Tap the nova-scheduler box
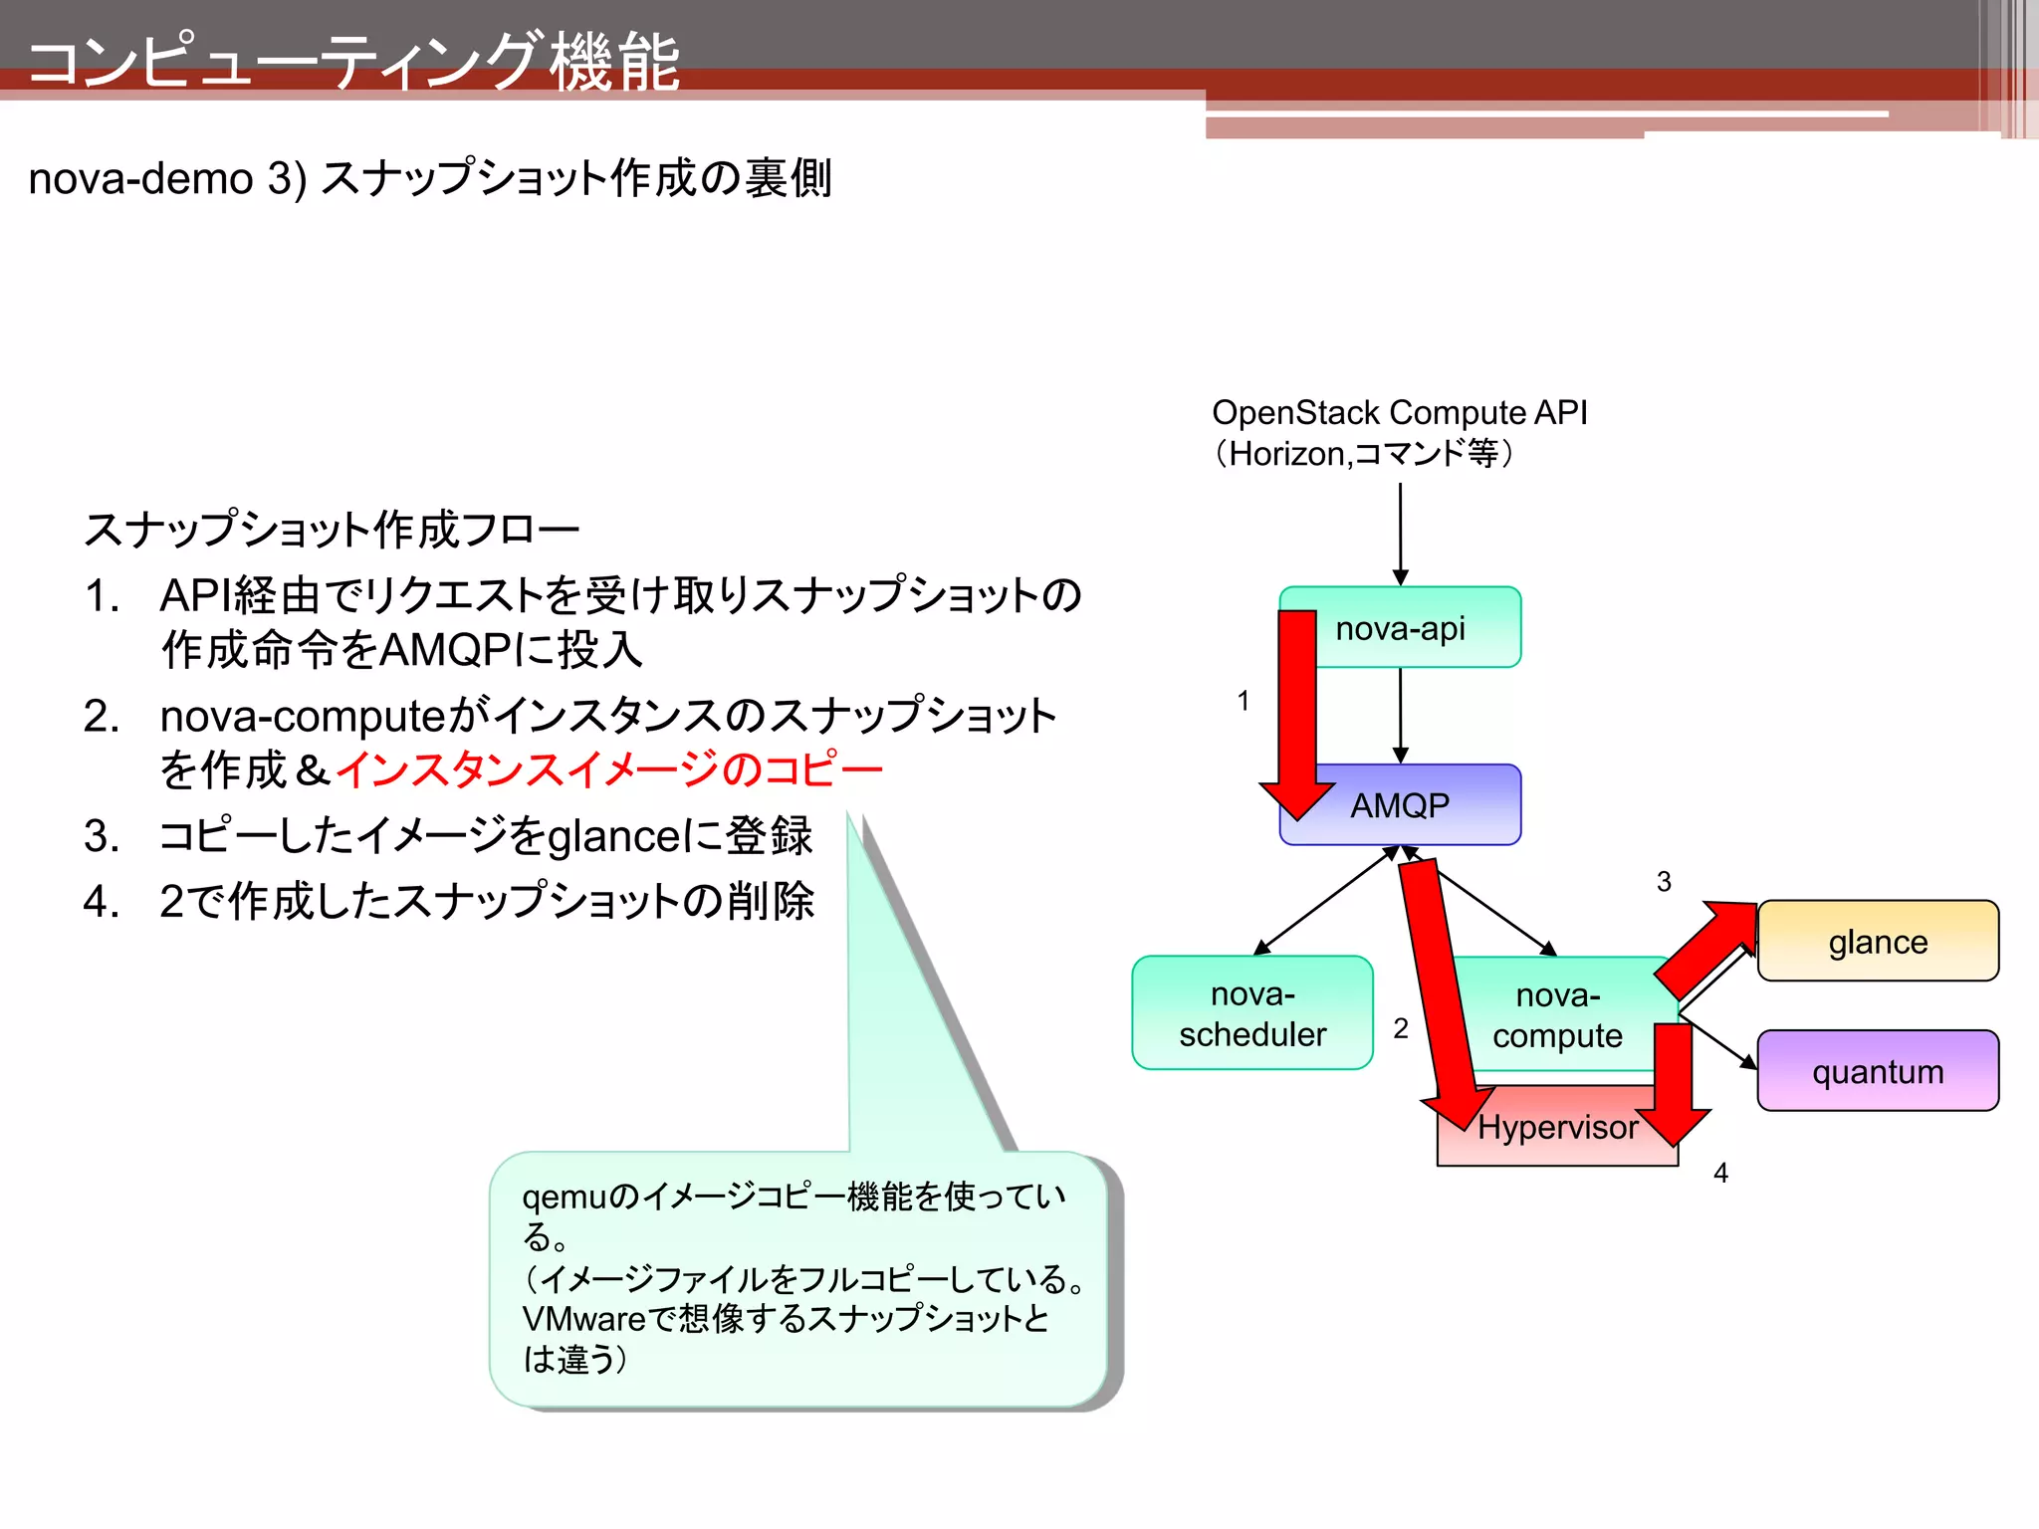[1252, 1013]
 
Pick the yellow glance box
[1878, 942]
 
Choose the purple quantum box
[1878, 1071]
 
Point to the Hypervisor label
[1557, 1127]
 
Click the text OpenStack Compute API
[1399, 412]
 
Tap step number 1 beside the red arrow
[1244, 701]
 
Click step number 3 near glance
[1664, 881]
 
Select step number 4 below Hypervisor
[1720, 1173]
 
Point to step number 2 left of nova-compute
[1401, 1028]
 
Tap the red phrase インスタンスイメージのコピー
[609, 769]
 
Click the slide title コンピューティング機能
[354, 62]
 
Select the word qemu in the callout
[564, 1197]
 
